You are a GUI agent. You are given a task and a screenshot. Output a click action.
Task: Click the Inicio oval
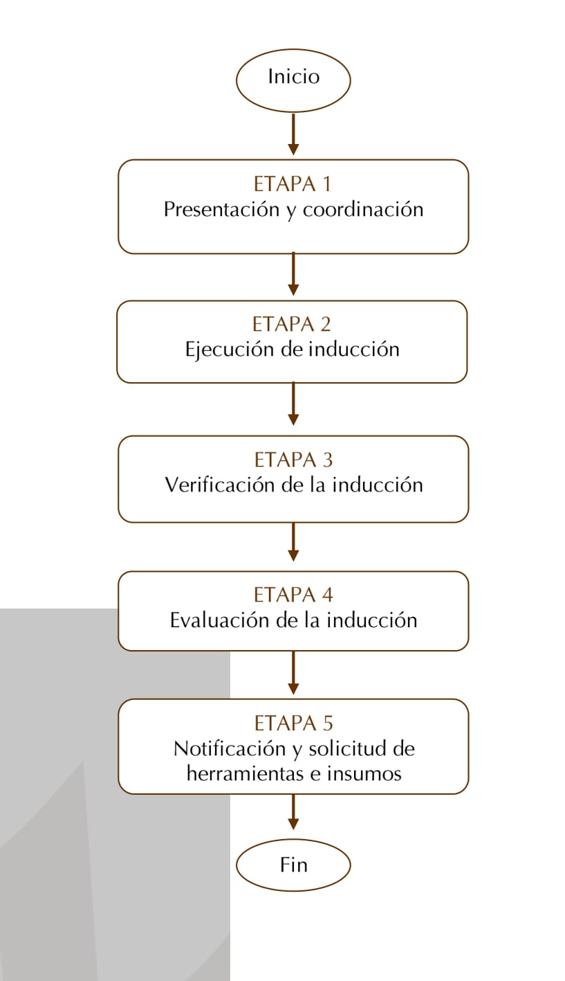(293, 80)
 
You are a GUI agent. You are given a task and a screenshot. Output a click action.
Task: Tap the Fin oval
(293, 865)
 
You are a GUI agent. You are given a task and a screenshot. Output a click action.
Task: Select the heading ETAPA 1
(292, 184)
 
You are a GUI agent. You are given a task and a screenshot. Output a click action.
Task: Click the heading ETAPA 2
(291, 324)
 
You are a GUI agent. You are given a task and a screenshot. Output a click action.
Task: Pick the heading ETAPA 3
(293, 460)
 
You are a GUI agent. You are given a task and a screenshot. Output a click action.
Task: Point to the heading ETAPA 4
(293, 595)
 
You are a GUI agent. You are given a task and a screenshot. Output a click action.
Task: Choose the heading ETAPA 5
(293, 723)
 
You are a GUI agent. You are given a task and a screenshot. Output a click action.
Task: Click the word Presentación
(221, 209)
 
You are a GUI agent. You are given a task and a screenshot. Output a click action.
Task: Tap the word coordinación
(363, 209)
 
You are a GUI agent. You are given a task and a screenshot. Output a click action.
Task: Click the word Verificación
(219, 485)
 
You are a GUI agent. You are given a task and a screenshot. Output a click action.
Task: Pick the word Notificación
(230, 748)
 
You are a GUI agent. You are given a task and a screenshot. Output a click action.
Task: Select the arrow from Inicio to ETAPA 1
(293, 134)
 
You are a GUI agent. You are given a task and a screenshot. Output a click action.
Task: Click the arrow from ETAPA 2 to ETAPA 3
(293, 404)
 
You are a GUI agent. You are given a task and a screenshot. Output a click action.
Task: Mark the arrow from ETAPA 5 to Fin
(293, 811)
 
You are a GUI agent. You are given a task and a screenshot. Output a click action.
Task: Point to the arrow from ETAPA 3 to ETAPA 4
(293, 542)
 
